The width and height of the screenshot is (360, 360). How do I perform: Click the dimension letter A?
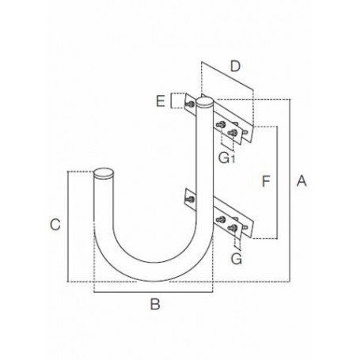(x=300, y=182)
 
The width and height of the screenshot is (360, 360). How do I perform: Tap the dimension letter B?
(x=155, y=303)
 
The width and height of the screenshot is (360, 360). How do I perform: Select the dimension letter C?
(x=54, y=225)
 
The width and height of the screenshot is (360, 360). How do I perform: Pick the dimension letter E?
(x=161, y=100)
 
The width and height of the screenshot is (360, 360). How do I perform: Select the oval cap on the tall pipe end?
(x=205, y=102)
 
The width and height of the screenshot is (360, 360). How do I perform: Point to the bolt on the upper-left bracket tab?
(x=191, y=103)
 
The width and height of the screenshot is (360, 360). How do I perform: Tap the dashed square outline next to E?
(x=178, y=100)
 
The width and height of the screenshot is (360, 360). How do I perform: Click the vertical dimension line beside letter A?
(x=290, y=190)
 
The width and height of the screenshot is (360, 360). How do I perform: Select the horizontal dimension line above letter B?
(x=155, y=292)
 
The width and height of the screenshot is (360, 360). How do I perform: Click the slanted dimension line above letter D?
(x=228, y=76)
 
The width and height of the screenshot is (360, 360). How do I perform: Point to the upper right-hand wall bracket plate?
(x=234, y=124)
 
